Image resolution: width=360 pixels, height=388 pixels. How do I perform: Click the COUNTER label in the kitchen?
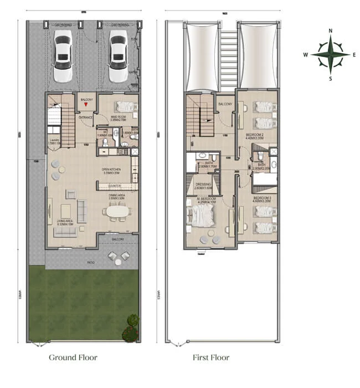tap(115, 186)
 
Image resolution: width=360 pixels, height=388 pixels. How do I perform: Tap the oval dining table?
tap(117, 211)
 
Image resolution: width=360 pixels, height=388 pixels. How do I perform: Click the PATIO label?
tap(90, 262)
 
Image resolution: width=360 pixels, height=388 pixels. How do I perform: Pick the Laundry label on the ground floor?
tap(54, 141)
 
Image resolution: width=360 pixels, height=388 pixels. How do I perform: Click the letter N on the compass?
tap(330, 31)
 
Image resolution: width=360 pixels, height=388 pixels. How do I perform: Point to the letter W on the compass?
tap(305, 54)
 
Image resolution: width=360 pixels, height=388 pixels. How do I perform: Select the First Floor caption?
tap(210, 358)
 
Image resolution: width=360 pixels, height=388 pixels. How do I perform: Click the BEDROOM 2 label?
tap(255, 135)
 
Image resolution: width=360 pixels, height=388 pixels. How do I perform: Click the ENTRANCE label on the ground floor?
tap(86, 118)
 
